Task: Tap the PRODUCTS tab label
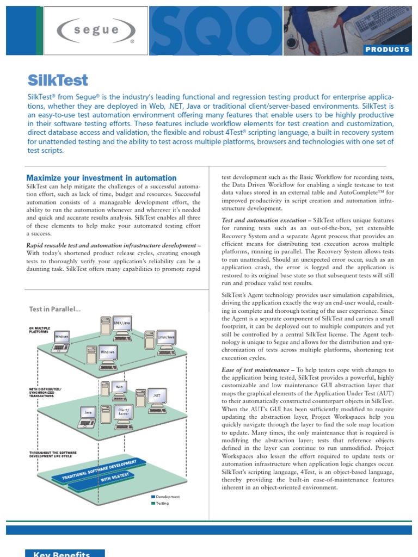coord(387,49)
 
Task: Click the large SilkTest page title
coord(57,81)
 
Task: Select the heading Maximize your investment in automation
coord(101,178)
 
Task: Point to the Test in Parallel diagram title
coord(54,309)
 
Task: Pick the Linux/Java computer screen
coord(165,337)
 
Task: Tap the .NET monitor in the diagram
coord(157,395)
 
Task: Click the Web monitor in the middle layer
coord(119,387)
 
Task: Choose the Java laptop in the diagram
coord(88,413)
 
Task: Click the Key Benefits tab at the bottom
coord(65,553)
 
